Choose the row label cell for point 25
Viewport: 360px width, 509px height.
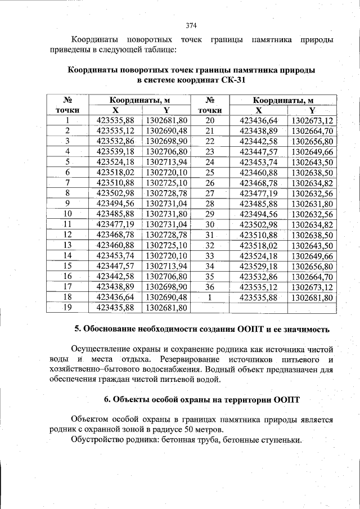pyautogui.click(x=210, y=173)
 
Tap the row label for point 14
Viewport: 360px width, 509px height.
pyautogui.click(x=67, y=256)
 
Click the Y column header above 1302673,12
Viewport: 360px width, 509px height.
pyautogui.click(x=312, y=110)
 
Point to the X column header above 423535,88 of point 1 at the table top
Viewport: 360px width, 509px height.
pyautogui.click(x=115, y=110)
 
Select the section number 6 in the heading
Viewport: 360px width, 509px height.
pyautogui.click(x=106, y=400)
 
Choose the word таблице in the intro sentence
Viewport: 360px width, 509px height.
pyautogui.click(x=161, y=50)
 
